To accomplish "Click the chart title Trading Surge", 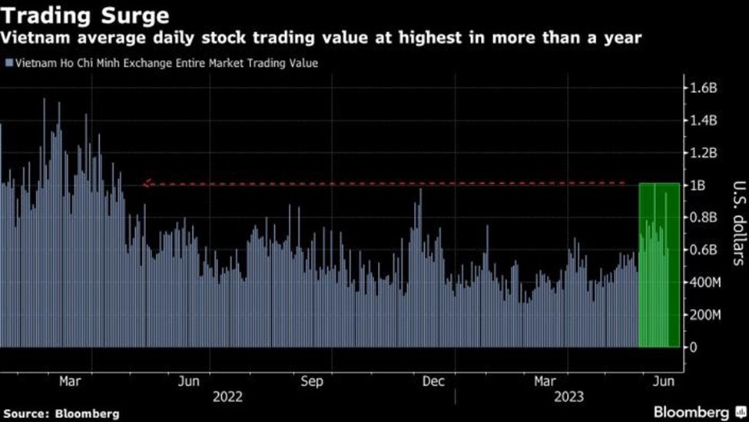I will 85,15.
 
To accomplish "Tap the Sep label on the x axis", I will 312,381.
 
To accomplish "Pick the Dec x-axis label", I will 433,381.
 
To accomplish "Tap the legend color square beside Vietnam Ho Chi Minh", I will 8,64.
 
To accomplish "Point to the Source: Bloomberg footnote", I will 61,414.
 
